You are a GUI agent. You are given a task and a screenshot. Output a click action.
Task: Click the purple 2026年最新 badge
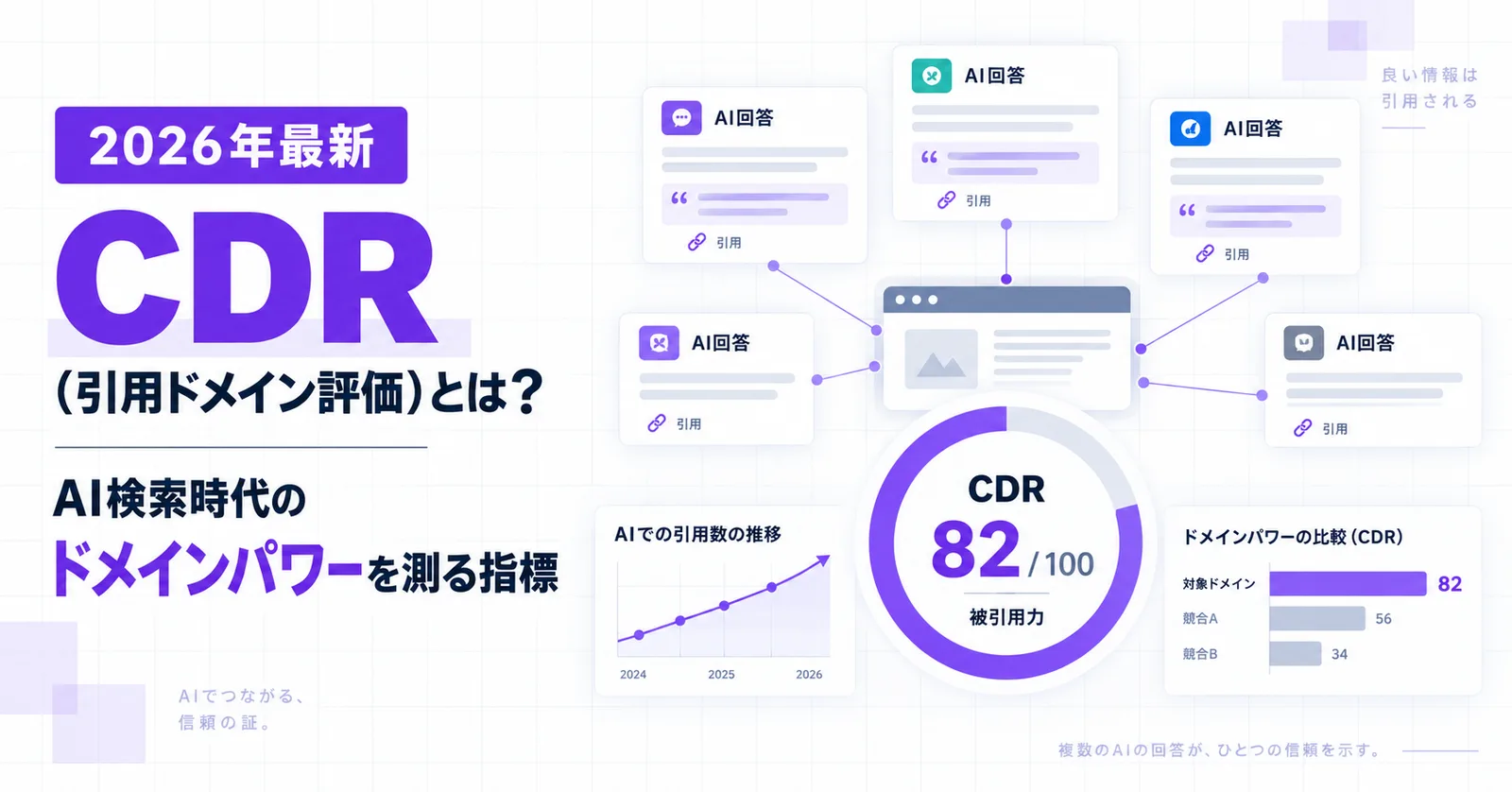tap(231, 146)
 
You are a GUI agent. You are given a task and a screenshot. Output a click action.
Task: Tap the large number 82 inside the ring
tap(974, 549)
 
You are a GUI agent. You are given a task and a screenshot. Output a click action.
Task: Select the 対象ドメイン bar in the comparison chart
tap(1348, 583)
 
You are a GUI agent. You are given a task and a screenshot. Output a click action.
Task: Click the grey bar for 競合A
tap(1317, 618)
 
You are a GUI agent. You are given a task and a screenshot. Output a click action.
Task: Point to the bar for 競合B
tap(1295, 654)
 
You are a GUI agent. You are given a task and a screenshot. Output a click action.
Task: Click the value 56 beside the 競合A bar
tap(1383, 619)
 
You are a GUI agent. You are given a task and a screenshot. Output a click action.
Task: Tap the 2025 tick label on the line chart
tap(721, 675)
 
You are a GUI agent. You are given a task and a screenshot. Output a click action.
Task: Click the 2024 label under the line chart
tap(633, 675)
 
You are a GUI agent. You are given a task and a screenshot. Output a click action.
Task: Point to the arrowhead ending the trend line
tap(823, 560)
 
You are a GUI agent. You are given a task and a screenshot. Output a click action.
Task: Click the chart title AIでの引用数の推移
tap(698, 535)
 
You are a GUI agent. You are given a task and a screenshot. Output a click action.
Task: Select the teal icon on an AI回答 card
tap(932, 76)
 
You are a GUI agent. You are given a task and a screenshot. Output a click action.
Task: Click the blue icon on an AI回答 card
tap(1190, 129)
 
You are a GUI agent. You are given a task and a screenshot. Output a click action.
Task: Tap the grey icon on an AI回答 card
tap(1303, 343)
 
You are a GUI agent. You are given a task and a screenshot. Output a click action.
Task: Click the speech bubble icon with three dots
tap(681, 118)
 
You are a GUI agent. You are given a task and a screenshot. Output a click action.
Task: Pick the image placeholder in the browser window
tap(941, 359)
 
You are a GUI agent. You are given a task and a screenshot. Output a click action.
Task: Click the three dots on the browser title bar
tap(916, 300)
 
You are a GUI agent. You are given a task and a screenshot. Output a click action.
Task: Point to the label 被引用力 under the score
tap(1006, 616)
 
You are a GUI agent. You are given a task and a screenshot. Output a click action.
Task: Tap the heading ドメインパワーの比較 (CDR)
tap(1294, 537)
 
